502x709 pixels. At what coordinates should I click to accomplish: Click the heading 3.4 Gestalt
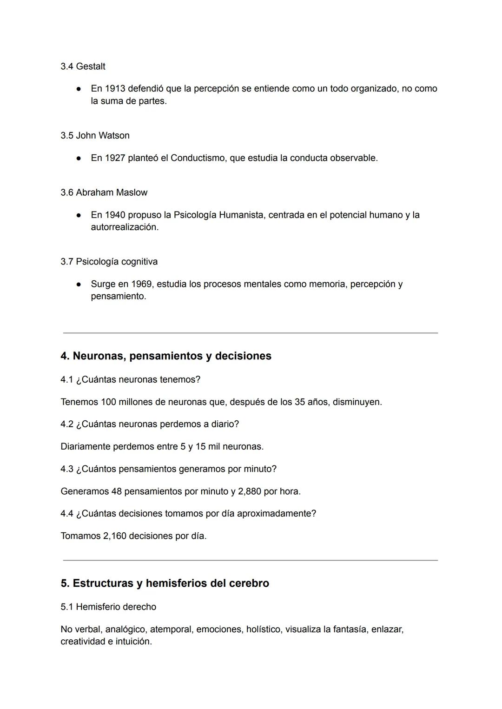tap(83, 66)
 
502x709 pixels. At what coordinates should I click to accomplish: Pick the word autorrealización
tap(124, 227)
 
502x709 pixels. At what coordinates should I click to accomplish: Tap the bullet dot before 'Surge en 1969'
tap(79, 284)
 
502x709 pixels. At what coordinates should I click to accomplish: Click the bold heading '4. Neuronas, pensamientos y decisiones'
tap(166, 356)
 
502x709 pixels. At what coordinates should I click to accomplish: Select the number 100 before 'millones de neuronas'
tap(108, 402)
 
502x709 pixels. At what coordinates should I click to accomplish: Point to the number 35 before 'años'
tap(300, 402)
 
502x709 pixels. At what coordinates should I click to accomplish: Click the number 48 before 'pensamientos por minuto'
tap(116, 491)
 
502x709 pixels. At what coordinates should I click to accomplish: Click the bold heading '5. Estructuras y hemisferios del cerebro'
tap(165, 583)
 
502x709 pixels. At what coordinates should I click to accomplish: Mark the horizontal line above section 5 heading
tap(250, 560)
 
